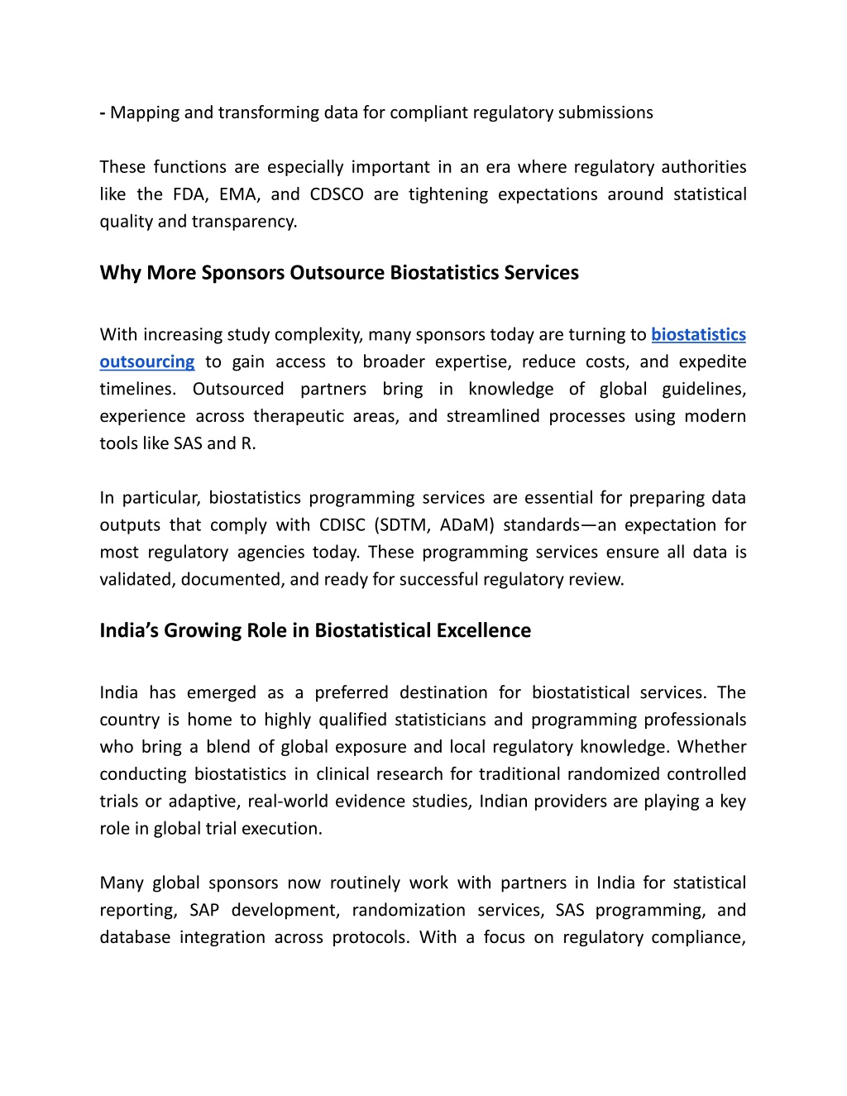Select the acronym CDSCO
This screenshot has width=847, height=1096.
click(337, 194)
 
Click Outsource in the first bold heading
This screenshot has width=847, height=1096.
click(338, 273)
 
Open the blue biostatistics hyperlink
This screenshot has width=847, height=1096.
click(698, 335)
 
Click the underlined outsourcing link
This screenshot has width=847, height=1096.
click(147, 362)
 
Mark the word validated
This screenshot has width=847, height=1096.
click(136, 580)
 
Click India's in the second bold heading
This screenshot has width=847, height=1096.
click(129, 630)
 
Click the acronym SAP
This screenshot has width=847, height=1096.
click(204, 911)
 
